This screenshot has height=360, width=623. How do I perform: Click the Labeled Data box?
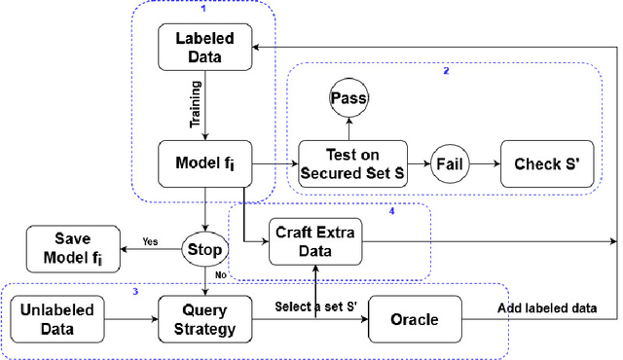pos(204,46)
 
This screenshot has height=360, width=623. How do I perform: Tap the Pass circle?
pos(348,99)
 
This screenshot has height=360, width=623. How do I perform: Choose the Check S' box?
pos(545,162)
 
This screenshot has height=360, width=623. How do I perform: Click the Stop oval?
pos(204,249)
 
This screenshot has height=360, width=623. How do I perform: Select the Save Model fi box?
pos(66,249)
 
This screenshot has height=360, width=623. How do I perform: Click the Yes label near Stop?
pos(150,240)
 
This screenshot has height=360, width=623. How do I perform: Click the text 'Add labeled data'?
pos(549,308)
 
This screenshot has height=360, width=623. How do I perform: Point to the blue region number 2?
pos(446,72)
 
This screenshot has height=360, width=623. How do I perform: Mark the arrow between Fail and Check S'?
pos(485,162)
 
